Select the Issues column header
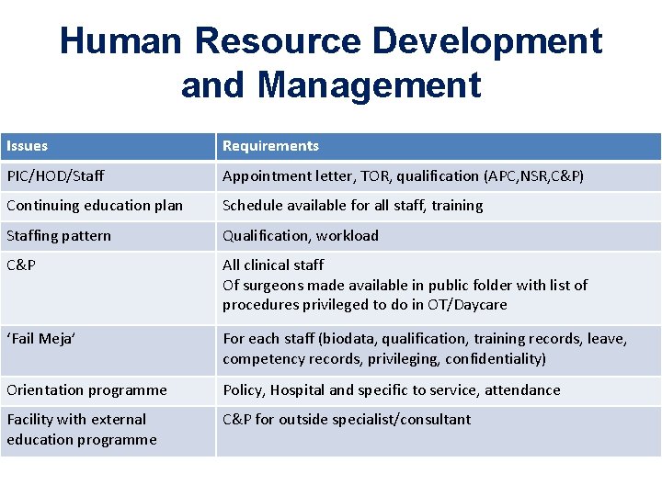coord(28,146)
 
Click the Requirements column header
coord(270,146)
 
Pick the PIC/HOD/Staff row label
coord(55,175)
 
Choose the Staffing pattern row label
coord(59,236)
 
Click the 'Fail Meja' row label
coord(41,339)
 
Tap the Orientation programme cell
coord(86,390)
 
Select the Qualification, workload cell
coord(301,236)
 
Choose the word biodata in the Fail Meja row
coord(347,339)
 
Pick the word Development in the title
coord(487,41)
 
